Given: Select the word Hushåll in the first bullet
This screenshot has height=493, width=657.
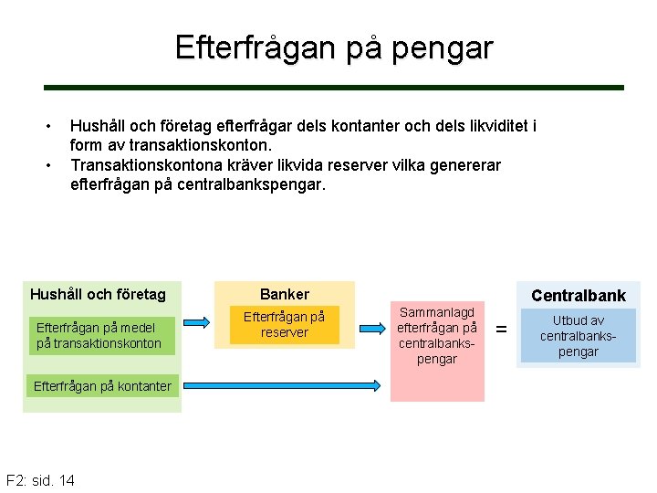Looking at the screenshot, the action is point(99,125).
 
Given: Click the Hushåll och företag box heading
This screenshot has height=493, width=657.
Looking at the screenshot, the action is point(99,294).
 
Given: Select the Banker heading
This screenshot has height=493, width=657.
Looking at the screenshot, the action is point(284,294).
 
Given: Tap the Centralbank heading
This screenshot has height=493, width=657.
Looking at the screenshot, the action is point(579,295).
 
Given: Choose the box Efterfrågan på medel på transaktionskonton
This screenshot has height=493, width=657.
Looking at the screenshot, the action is point(99,335).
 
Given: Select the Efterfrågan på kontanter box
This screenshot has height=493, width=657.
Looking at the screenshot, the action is point(102,386).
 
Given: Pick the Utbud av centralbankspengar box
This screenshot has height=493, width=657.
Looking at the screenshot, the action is point(578,336).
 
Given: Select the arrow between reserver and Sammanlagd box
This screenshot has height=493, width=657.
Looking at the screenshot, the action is point(371,327).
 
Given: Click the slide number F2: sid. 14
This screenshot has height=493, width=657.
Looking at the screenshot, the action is point(40,480).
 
